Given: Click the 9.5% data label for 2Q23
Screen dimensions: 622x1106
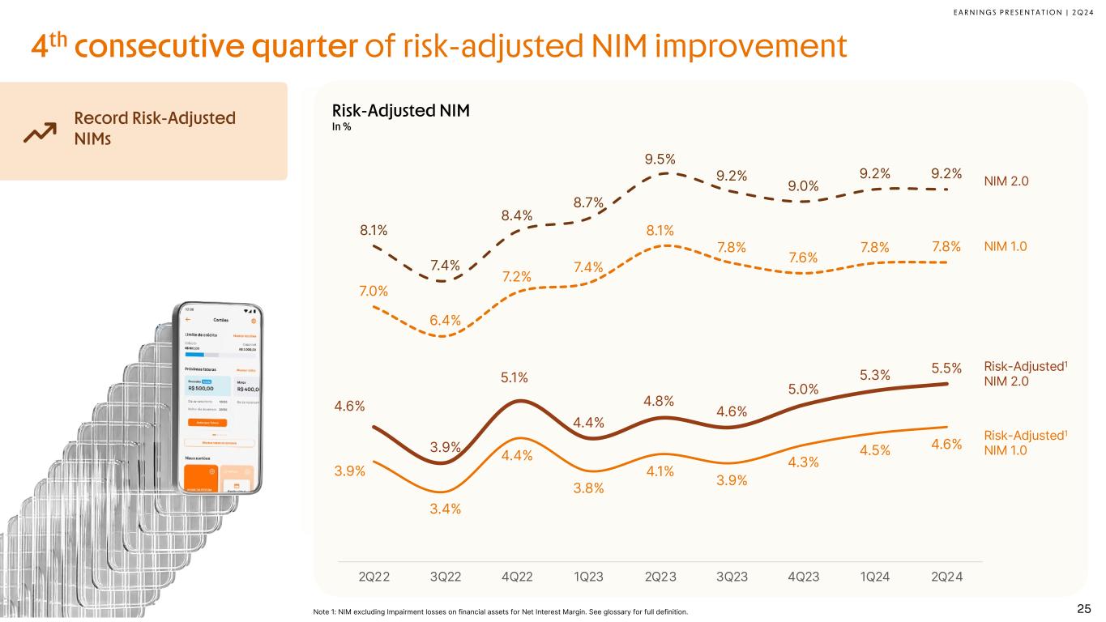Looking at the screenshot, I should [x=660, y=159].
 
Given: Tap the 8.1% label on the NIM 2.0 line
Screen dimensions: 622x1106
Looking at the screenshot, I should [x=374, y=230].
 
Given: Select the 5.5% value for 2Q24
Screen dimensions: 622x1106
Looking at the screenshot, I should [x=946, y=369].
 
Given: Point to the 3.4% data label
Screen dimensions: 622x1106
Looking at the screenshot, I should [x=445, y=509].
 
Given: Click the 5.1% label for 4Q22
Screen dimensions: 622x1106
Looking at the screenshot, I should [x=515, y=377].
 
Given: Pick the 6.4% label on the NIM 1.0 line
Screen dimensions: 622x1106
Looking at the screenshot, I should [x=445, y=320].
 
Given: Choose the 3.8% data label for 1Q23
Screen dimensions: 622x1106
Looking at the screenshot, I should [x=588, y=488].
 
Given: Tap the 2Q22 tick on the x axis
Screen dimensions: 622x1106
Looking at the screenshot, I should [x=374, y=577].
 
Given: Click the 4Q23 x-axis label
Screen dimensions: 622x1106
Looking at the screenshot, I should [x=803, y=577].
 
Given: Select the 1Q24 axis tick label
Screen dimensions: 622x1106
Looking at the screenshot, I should [x=875, y=577].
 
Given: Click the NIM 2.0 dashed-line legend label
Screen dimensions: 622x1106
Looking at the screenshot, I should [x=1007, y=181].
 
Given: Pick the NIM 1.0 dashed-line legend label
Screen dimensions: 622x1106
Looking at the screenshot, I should [x=1006, y=245].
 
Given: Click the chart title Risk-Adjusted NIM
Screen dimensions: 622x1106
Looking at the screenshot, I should [x=401, y=111].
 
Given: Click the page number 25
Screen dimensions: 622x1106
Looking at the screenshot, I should [x=1083, y=608].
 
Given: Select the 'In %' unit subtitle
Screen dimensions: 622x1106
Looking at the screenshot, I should [x=341, y=127].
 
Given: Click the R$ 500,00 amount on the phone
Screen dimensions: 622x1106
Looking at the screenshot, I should [x=197, y=387].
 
